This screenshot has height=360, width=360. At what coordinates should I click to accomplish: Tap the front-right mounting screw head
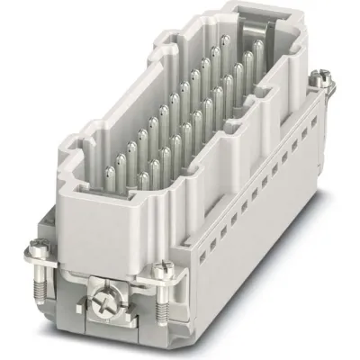click(163, 267)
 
